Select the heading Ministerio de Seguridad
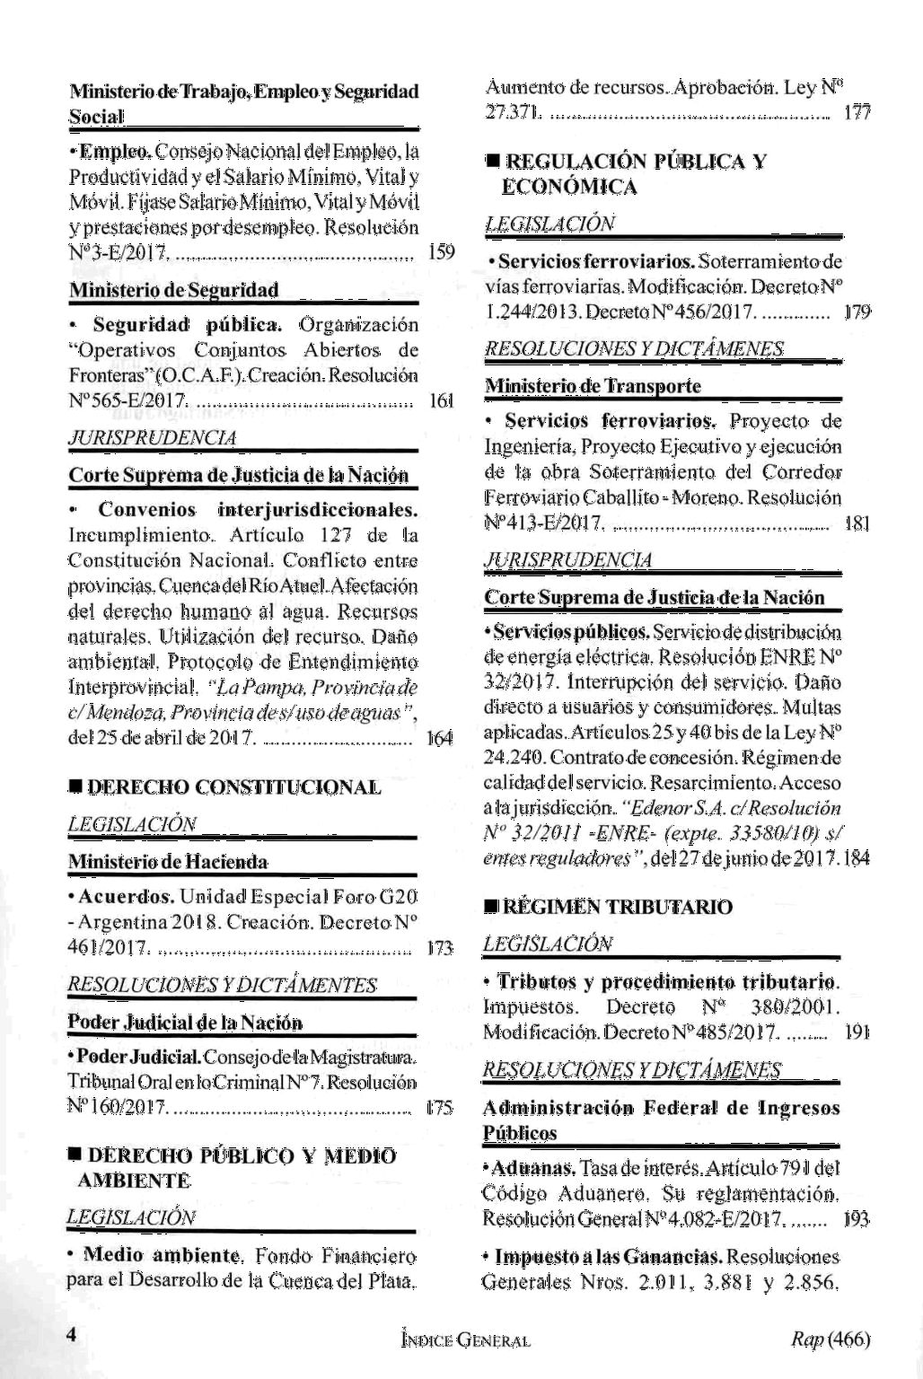[173, 290]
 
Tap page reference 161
[442, 400]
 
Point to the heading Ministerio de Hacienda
[168, 863]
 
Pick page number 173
[441, 947]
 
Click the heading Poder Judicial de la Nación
[185, 1023]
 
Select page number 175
[440, 1109]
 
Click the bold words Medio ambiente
[163, 1254]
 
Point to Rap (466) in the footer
[831, 1339]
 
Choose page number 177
[857, 113]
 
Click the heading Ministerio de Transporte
[593, 386]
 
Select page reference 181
[857, 523]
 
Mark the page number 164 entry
[440, 738]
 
